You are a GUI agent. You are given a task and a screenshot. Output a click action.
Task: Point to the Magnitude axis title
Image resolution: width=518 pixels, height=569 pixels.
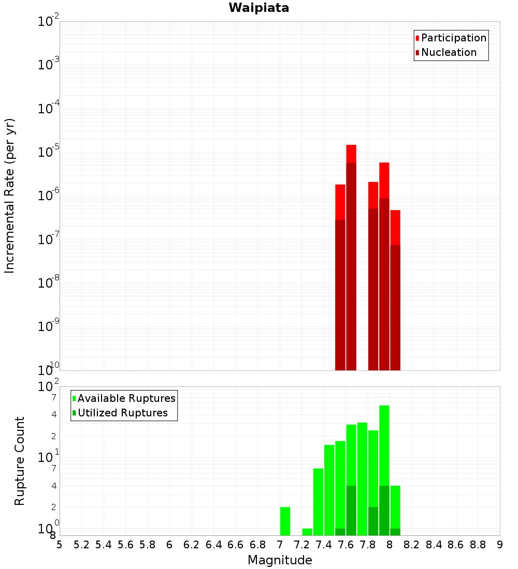click(x=280, y=560)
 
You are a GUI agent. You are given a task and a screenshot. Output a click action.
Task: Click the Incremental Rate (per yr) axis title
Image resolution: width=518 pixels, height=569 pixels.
click(x=10, y=196)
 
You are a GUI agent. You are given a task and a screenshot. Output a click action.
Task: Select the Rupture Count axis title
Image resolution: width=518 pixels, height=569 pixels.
click(x=20, y=461)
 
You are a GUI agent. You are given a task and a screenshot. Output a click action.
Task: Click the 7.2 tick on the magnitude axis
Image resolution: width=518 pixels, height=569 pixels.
click(x=302, y=544)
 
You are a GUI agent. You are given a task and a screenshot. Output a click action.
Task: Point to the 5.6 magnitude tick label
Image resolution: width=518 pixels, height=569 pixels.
click(x=126, y=544)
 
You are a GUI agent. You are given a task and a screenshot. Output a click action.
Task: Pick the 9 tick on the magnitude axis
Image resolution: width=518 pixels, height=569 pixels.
click(x=500, y=544)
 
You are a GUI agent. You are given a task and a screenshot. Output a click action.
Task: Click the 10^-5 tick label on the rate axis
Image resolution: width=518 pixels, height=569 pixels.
click(x=49, y=153)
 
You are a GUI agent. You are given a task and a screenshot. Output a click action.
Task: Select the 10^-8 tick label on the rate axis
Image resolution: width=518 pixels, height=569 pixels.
click(x=49, y=283)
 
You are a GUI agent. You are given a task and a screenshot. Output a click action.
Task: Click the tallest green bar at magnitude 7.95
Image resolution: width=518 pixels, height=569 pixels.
click(x=384, y=445)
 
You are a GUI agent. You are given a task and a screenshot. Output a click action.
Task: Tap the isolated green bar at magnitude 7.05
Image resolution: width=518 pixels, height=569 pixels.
click(x=285, y=521)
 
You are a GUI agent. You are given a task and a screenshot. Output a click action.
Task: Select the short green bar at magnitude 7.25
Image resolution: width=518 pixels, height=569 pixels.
click(x=307, y=532)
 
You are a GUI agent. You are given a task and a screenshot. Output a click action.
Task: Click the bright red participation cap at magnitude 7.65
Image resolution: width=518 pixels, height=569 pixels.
click(x=351, y=154)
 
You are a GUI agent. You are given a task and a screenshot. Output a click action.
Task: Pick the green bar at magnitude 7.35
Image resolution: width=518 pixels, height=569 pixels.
click(x=318, y=502)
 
